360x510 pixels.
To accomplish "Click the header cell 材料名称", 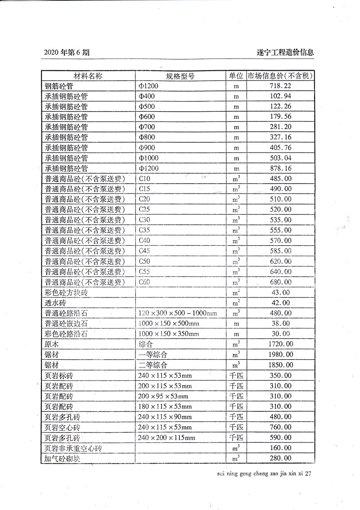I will pyautogui.click(x=88, y=76).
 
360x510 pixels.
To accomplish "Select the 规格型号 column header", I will pyautogui.click(x=180, y=76).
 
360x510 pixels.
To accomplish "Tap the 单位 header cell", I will pyautogui.click(x=236, y=76).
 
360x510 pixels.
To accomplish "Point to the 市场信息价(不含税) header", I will pyautogui.click(x=280, y=76).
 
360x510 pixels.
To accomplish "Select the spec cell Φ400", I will pyautogui.click(x=147, y=96).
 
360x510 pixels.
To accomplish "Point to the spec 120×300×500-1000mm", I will pyautogui.click(x=178, y=313).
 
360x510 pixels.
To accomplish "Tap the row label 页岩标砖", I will pyautogui.click(x=58, y=375).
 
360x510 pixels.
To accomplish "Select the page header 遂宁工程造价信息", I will pyautogui.click(x=282, y=52).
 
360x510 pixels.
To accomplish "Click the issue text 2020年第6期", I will pyautogui.click(x=67, y=52).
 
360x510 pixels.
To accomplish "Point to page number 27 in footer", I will pyautogui.click(x=308, y=474).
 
